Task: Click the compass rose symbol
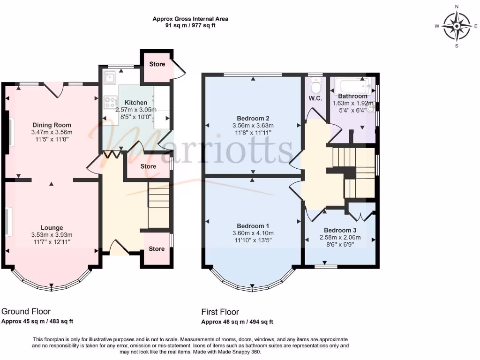click(x=457, y=26)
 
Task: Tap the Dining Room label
click(x=52, y=125)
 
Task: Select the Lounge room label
click(x=52, y=227)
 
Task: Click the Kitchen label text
click(x=136, y=103)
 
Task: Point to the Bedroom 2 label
click(x=253, y=118)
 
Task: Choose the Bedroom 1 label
click(x=253, y=226)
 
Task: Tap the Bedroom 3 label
click(x=340, y=230)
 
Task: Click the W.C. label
click(x=315, y=98)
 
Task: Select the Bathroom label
click(x=352, y=96)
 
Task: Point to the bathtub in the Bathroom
click(x=352, y=86)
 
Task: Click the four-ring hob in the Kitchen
click(x=111, y=102)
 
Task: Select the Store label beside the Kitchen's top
click(x=157, y=64)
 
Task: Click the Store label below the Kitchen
click(x=148, y=166)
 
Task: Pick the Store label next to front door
click(x=157, y=249)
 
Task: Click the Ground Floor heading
click(x=26, y=311)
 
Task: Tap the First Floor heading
click(x=220, y=312)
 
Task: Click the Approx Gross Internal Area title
click(x=190, y=19)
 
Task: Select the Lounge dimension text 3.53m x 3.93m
click(x=52, y=235)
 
